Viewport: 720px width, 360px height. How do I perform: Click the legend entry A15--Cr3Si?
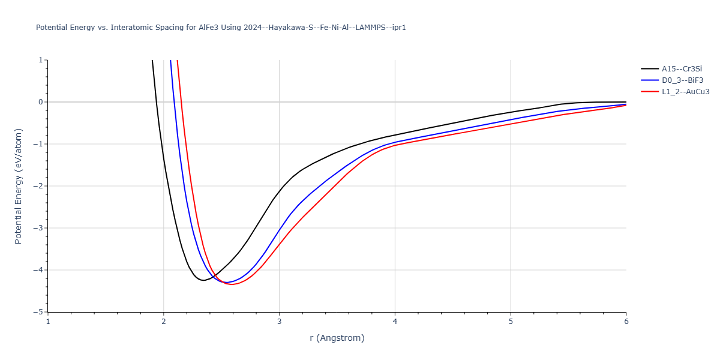681,68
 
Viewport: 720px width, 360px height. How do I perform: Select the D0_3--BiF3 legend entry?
682,80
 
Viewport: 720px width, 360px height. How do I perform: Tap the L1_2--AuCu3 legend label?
686,92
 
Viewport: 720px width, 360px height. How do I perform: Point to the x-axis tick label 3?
279,322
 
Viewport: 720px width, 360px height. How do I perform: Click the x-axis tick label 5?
511,322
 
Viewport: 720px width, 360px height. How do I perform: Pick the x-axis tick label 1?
48,322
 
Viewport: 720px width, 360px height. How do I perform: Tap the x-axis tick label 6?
626,322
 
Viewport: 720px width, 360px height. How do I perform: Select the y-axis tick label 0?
40,102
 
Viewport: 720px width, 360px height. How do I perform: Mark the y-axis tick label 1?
40,60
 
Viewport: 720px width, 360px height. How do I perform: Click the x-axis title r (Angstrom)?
337,338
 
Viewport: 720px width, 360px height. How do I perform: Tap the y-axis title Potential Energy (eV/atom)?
18,186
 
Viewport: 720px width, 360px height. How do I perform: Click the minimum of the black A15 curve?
204,280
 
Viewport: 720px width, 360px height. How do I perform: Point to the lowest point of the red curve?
233,284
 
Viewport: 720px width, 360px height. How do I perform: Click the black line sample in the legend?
649,68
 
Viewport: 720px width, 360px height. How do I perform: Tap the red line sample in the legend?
649,92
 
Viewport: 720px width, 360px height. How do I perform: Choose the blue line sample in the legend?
649,80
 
